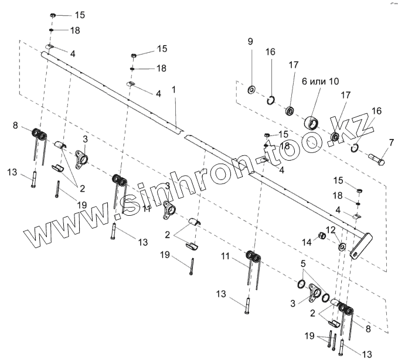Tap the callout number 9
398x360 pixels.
click(x=250, y=42)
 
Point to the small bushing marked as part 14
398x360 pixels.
click(x=322, y=237)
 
